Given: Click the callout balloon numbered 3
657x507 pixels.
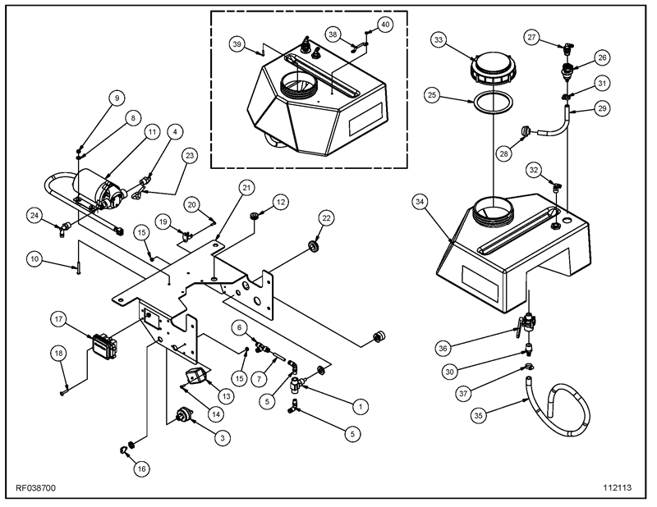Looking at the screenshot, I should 221,438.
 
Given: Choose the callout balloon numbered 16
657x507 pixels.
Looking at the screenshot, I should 141,468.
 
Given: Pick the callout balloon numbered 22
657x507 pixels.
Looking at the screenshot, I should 327,217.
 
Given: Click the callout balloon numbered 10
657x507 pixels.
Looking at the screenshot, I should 34,260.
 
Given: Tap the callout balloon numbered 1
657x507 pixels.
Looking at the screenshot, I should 358,405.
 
